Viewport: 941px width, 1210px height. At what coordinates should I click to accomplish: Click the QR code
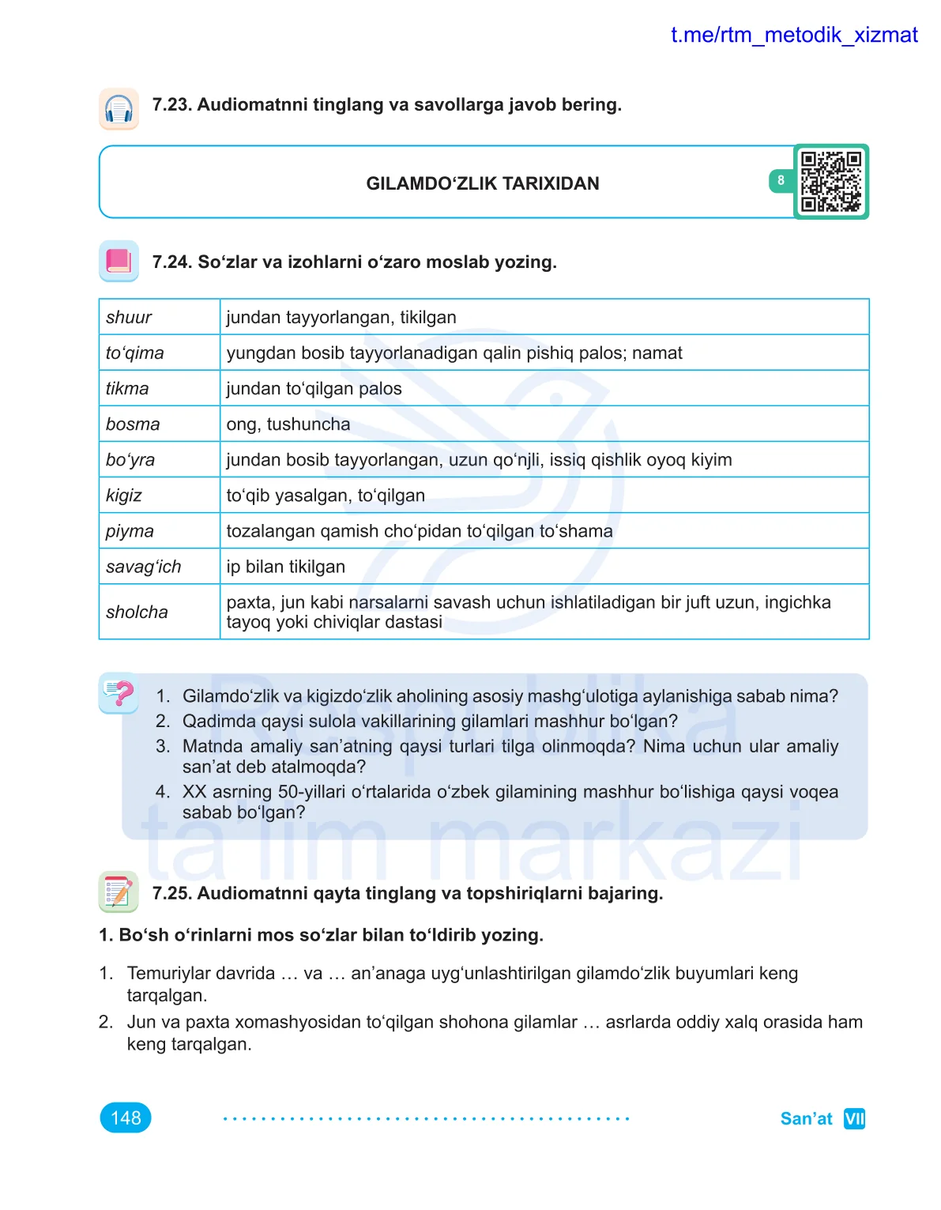pos(830,182)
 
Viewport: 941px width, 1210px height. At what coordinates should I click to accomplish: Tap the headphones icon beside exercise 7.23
pos(119,108)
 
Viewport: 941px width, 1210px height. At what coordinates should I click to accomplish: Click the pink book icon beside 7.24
pos(119,261)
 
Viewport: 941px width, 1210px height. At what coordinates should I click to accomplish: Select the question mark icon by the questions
pos(119,693)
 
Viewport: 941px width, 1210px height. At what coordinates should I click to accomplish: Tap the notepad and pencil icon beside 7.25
pos(119,891)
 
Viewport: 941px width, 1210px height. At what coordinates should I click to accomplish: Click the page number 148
pos(126,1118)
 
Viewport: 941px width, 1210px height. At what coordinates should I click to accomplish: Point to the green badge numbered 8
pos(781,181)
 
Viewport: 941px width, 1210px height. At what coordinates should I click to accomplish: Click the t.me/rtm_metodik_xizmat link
pos(793,36)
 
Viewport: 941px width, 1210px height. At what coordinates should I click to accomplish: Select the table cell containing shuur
pos(159,317)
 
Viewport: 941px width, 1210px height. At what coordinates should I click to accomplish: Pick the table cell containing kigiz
pos(159,496)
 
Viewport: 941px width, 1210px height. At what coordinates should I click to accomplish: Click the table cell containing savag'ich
pos(159,567)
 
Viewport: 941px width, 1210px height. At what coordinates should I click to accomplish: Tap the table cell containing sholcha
pos(159,612)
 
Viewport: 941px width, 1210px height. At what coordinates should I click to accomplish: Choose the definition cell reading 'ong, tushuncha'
pos(544,424)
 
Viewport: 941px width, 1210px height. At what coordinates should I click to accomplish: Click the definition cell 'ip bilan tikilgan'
pos(544,567)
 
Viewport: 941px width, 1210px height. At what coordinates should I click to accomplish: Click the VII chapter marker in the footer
pos(854,1118)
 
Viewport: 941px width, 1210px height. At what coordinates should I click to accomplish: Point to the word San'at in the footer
pos(806,1118)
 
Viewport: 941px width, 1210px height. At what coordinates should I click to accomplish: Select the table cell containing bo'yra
pos(159,460)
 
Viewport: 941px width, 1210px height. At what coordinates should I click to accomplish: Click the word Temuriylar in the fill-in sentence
pos(168,973)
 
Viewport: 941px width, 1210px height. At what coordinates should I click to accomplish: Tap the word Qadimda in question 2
pos(213,721)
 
